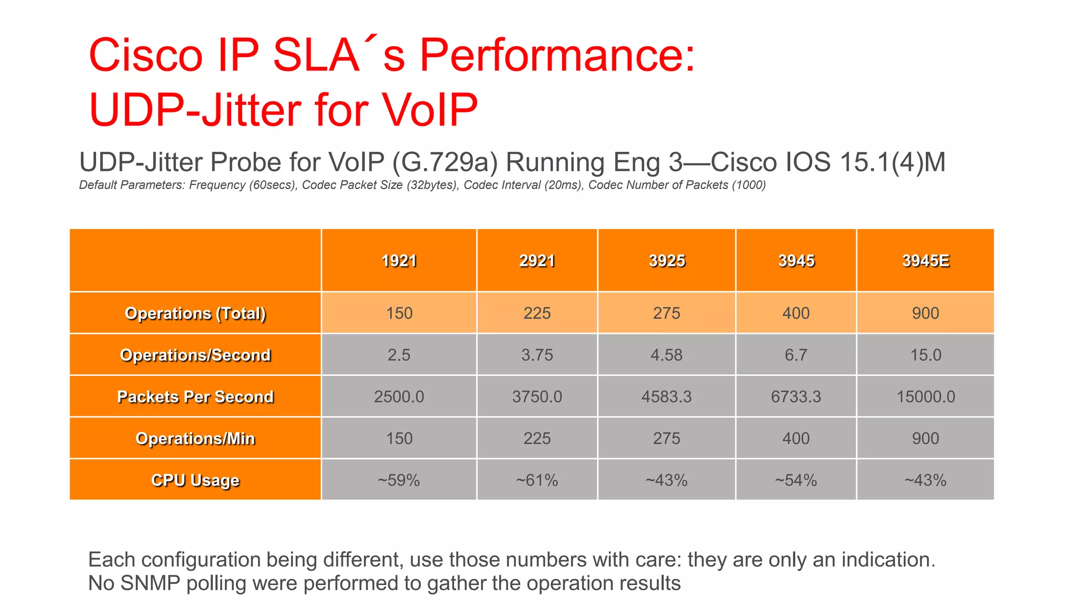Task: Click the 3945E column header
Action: [925, 260]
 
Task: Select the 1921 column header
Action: [399, 260]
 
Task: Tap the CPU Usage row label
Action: [195, 480]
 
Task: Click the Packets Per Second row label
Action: [195, 397]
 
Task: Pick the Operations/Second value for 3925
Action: [666, 355]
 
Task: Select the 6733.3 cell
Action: [795, 397]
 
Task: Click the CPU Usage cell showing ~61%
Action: [537, 480]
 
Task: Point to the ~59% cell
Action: [399, 480]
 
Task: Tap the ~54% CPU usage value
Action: [795, 480]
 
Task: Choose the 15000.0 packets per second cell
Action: [925, 397]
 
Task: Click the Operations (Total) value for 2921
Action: [537, 313]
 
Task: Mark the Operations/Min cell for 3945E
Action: [925, 438]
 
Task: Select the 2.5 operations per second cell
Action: [399, 355]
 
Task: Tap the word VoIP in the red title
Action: [429, 110]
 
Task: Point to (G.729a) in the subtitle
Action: [444, 163]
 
